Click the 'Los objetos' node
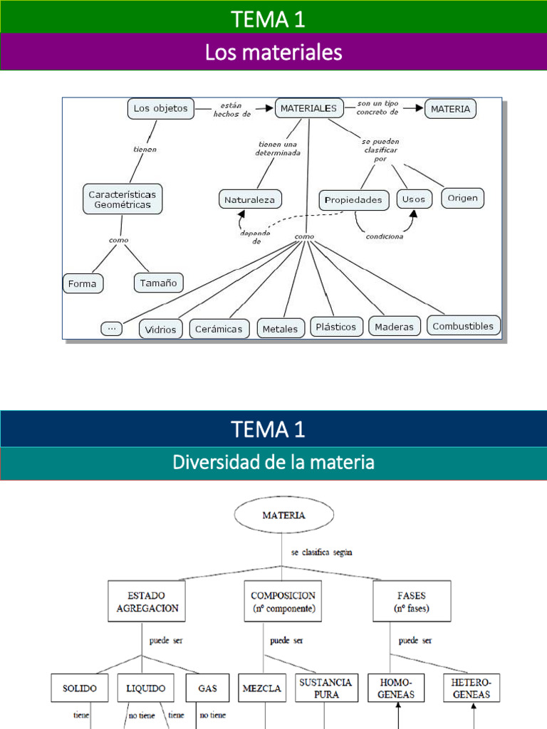pos(161,108)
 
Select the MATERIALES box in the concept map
pos(309,108)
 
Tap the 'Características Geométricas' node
pos(123,199)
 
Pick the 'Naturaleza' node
pos(250,200)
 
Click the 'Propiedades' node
pos(353,200)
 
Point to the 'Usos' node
pos(414,199)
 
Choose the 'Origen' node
pos(463,197)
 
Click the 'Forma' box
pos(83,283)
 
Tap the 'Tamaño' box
pos(158,283)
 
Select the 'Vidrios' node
pos(161,329)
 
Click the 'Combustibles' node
pos(463,326)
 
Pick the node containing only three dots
pos(111,327)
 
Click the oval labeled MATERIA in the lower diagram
pos(283,515)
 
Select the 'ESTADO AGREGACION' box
pos(147,602)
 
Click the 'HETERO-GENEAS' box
pos(471,688)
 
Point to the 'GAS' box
pos(207,688)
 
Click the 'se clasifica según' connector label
pos(322,552)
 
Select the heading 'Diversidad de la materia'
pos(273,463)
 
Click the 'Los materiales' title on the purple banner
pos(273,52)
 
